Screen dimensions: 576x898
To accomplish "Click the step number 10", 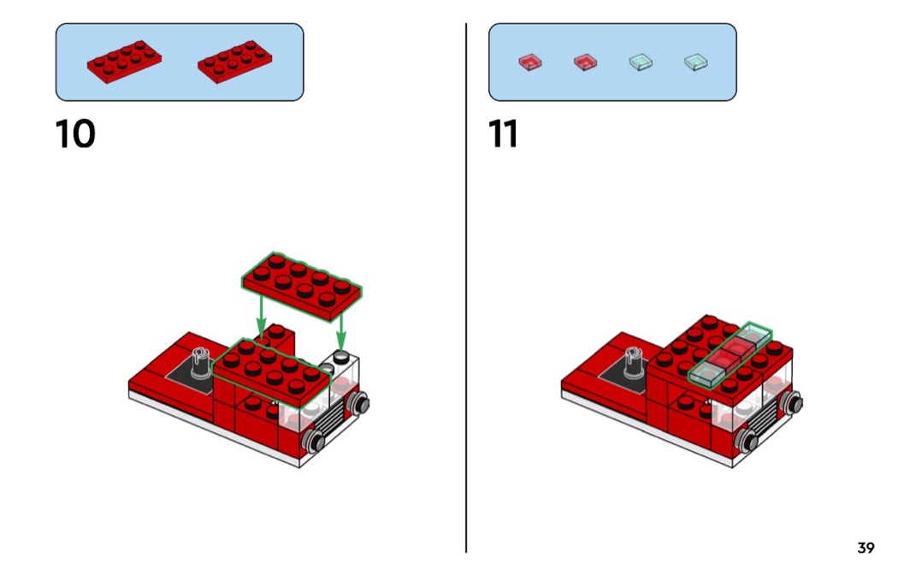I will coord(75,134).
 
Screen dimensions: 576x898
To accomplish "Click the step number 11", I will coord(504,134).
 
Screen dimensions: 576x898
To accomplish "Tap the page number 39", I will coord(866,548).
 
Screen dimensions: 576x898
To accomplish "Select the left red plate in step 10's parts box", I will coord(125,62).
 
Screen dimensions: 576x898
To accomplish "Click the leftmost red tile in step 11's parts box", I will coord(530,62).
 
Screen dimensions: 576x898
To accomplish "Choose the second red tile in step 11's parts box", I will coord(585,62).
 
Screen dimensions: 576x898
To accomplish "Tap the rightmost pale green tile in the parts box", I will coord(695,62).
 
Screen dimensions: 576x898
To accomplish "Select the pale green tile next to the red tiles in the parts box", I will coord(641,62).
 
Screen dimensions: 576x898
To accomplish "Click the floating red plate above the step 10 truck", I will coord(302,286).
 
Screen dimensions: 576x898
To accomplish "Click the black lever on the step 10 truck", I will coord(202,362).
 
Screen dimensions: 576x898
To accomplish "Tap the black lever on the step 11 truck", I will coord(635,361).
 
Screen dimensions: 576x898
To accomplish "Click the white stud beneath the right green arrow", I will coord(341,357).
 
